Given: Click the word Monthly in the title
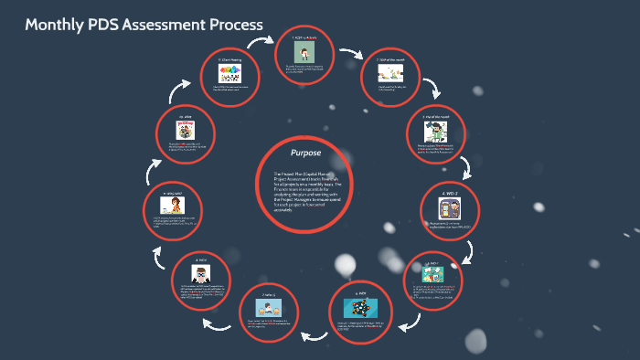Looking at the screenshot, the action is click(x=56, y=26).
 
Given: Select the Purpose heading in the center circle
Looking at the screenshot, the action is click(x=304, y=153).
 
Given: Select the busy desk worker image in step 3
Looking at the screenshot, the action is click(x=433, y=131).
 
